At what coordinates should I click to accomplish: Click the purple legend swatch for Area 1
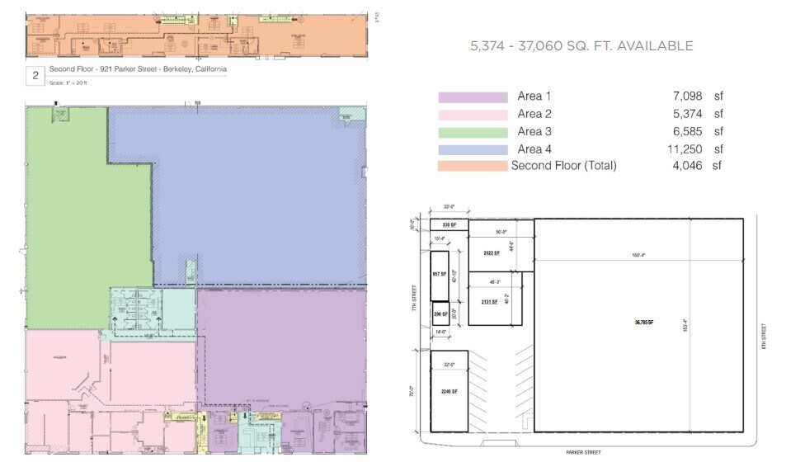pyautogui.click(x=473, y=97)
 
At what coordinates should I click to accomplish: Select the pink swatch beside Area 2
pyautogui.click(x=473, y=115)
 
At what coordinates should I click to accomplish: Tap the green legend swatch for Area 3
pyautogui.click(x=473, y=132)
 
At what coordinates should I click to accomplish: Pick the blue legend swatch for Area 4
pyautogui.click(x=473, y=149)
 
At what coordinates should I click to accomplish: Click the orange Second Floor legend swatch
pyautogui.click(x=473, y=167)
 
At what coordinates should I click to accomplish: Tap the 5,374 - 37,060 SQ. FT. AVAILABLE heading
pyautogui.click(x=581, y=46)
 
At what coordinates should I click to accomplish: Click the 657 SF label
pyautogui.click(x=439, y=273)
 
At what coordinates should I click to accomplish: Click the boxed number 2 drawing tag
pyautogui.click(x=35, y=77)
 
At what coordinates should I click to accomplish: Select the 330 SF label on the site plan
pyautogui.click(x=449, y=224)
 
